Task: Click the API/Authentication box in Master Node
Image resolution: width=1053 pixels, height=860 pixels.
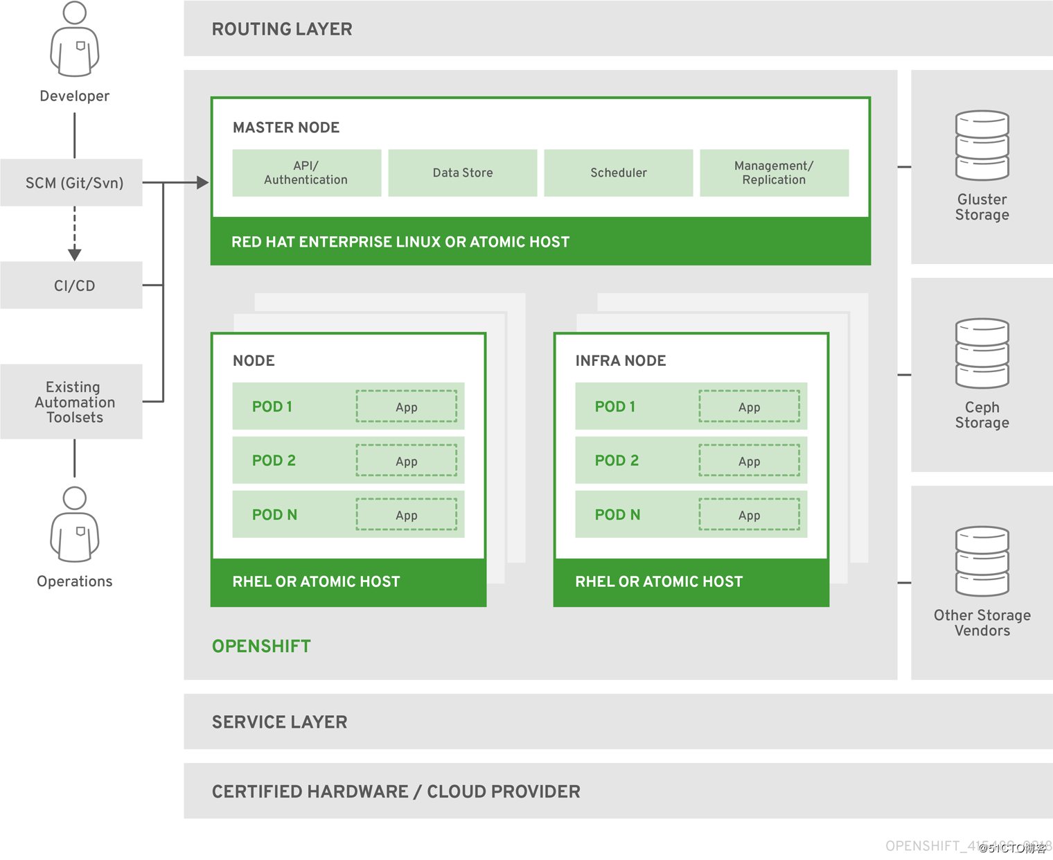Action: [x=306, y=173]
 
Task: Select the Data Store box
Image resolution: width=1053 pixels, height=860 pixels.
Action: [x=462, y=173]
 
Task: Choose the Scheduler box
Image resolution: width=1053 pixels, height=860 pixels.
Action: [x=618, y=173]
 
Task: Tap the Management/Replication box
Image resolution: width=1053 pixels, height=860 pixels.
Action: [x=774, y=173]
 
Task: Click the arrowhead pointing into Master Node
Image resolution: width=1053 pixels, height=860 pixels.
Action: [x=202, y=183]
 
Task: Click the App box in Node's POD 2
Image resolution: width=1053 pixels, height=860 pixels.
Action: [x=407, y=461]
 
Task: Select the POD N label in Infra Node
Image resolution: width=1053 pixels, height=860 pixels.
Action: [x=617, y=515]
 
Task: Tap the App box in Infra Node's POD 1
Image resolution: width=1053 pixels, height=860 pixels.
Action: [x=749, y=407]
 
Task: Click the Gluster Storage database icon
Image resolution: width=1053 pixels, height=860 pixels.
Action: [x=982, y=146]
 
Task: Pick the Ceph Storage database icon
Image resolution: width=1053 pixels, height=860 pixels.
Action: [x=982, y=353]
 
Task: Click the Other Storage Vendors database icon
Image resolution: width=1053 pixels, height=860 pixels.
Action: [x=982, y=561]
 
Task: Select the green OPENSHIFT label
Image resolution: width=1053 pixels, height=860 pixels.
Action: [x=261, y=646]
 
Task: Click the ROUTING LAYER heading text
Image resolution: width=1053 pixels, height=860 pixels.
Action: [x=282, y=29]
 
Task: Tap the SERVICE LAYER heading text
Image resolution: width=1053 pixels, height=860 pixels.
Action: [x=279, y=722]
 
